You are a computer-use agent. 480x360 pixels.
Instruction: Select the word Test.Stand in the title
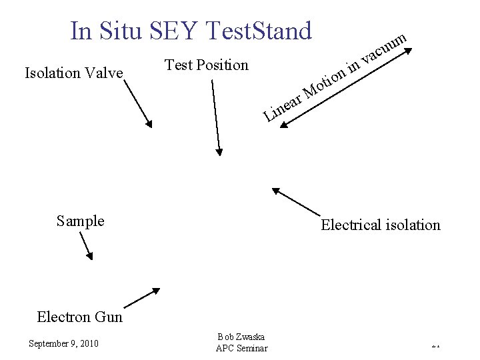(x=260, y=31)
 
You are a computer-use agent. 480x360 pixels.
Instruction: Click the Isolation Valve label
(x=73, y=73)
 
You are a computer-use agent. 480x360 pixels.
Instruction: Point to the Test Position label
(x=206, y=65)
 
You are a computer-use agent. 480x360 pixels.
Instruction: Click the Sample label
(x=80, y=221)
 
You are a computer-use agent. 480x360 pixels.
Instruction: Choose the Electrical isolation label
(x=381, y=225)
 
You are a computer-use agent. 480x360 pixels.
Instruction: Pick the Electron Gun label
(x=80, y=317)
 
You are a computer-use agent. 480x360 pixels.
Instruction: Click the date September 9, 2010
(x=63, y=343)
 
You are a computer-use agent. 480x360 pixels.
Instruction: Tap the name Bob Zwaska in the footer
(x=241, y=337)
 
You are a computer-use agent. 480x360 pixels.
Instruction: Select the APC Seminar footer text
(x=241, y=348)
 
